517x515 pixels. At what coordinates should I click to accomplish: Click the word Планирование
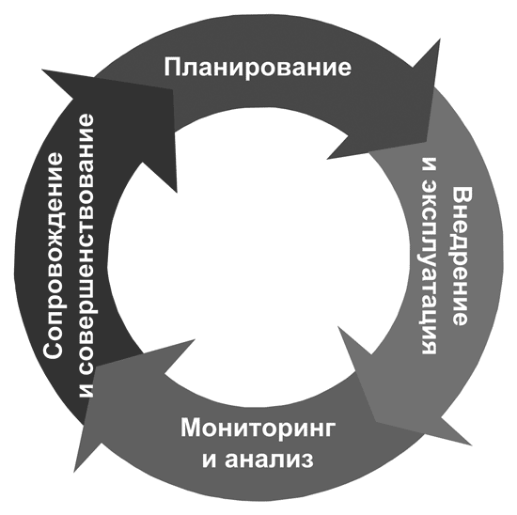pyautogui.click(x=258, y=68)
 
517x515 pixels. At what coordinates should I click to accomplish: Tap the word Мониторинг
pyautogui.click(x=258, y=429)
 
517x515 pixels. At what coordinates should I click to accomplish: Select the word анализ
pyautogui.click(x=269, y=460)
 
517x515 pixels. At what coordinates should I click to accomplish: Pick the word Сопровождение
pyautogui.click(x=54, y=256)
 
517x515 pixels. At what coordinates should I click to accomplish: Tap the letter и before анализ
pyautogui.click(x=210, y=460)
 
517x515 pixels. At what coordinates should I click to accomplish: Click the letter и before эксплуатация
pyautogui.click(x=430, y=164)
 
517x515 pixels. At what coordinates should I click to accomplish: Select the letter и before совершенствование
pyautogui.click(x=87, y=390)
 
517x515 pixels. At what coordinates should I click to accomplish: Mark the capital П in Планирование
pyautogui.click(x=172, y=68)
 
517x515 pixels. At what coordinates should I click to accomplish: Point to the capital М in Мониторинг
pyautogui.click(x=192, y=428)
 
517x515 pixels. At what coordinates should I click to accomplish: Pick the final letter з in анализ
pyautogui.click(x=307, y=460)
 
